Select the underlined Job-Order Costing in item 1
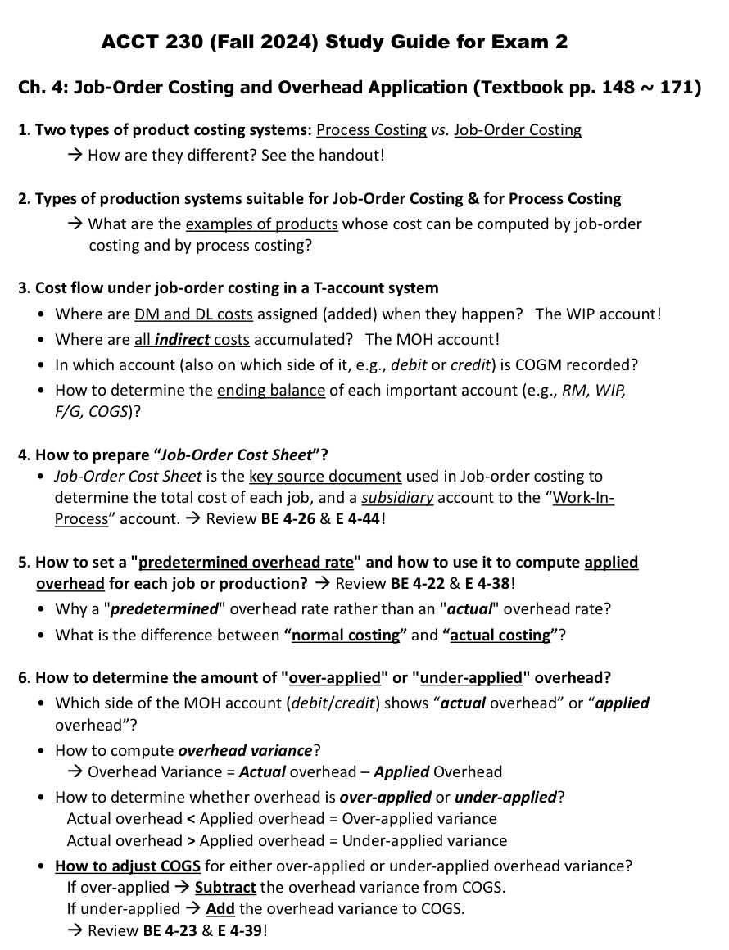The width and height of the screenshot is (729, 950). pyautogui.click(x=518, y=130)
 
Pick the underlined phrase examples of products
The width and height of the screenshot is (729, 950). pyautogui.click(x=262, y=224)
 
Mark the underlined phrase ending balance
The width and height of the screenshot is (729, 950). pyautogui.click(x=271, y=390)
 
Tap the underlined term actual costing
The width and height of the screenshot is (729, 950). pyautogui.click(x=500, y=635)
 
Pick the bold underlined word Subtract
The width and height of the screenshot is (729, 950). pyautogui.click(x=225, y=888)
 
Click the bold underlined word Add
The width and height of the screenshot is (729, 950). pyautogui.click(x=220, y=909)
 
